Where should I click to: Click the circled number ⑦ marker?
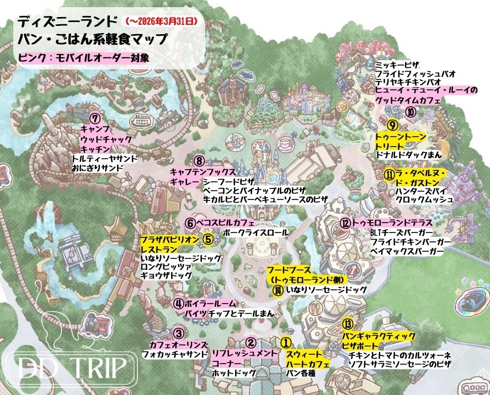click(x=95, y=118)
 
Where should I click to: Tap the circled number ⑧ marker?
click(x=200, y=161)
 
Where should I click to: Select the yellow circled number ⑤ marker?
click(x=207, y=239)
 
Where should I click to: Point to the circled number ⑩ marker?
click(x=411, y=112)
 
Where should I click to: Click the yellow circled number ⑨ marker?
click(x=392, y=125)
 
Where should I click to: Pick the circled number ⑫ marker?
click(x=345, y=223)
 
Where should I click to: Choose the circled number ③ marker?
click(x=178, y=333)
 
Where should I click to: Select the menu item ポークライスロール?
click(x=255, y=234)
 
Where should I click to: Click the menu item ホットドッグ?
click(x=234, y=374)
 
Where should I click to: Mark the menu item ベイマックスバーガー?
click(x=407, y=252)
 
